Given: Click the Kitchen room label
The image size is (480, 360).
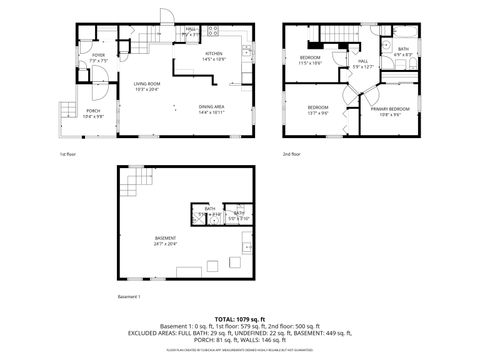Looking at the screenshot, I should click(x=214, y=56).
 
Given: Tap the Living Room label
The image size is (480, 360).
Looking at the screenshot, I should click(x=148, y=86).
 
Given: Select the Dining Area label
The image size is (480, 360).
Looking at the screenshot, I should click(x=210, y=108).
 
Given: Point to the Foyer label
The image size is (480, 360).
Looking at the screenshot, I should click(x=98, y=58).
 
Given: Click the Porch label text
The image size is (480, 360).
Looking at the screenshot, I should click(x=93, y=113).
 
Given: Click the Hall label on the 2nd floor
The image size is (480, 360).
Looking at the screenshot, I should click(x=362, y=64).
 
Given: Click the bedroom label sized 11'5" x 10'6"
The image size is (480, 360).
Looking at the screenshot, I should click(x=309, y=60).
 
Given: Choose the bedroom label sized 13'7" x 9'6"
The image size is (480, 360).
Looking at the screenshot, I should click(x=318, y=109).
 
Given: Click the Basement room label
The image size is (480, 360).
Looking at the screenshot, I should click(x=165, y=240).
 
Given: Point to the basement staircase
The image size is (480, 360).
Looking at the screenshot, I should click(x=136, y=186).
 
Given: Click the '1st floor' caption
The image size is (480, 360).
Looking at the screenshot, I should click(x=68, y=154).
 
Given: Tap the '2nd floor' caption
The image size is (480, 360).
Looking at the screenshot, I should click(x=292, y=154).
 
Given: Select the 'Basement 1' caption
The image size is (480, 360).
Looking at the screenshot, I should click(x=129, y=297).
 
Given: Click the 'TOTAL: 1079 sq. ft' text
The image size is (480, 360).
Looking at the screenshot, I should click(x=239, y=318).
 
